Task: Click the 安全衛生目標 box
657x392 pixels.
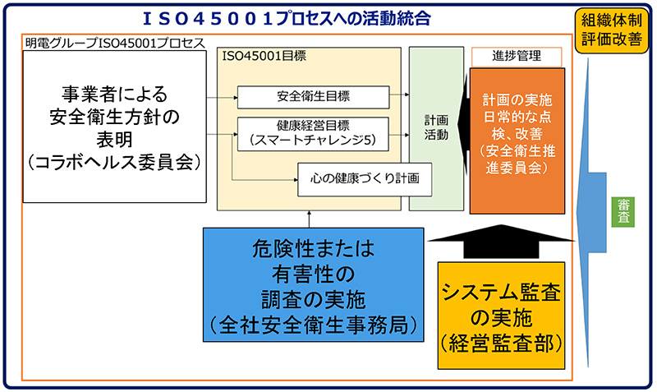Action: (x=313, y=97)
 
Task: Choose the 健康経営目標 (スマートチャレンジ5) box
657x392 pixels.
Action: (x=313, y=133)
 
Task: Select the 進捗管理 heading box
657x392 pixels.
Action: (x=517, y=56)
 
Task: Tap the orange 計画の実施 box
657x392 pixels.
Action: (x=517, y=140)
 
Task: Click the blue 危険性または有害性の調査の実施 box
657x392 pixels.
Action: (x=312, y=284)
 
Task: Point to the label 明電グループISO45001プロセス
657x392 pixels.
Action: (x=114, y=41)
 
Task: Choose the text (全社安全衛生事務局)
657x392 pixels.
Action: (x=312, y=323)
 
